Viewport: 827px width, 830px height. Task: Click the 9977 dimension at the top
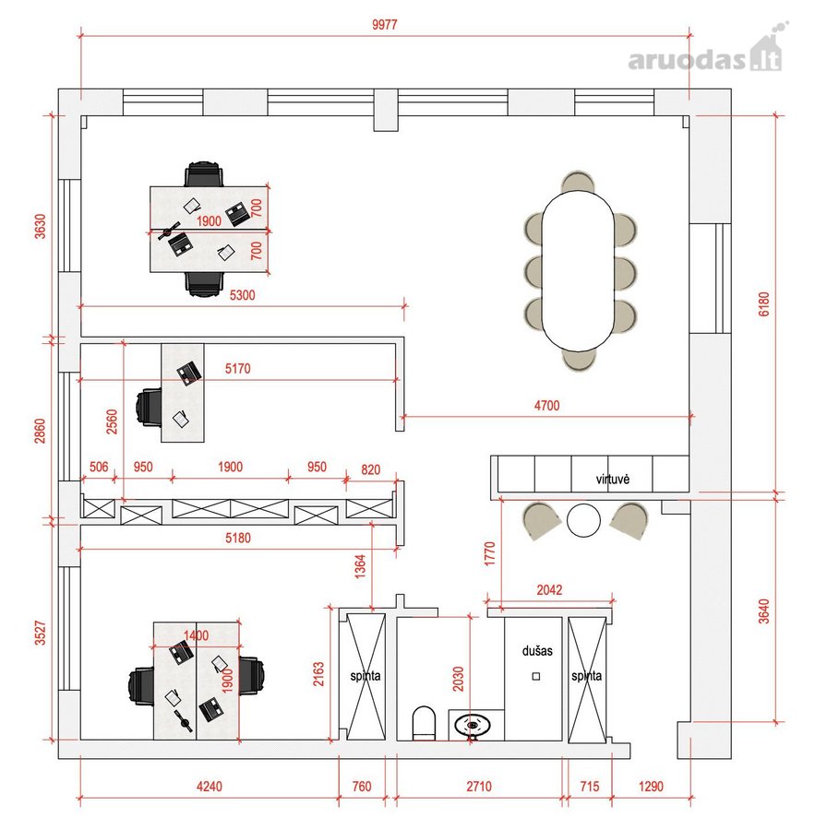click(384, 24)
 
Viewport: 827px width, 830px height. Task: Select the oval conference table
click(578, 270)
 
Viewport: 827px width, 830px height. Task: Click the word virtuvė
click(613, 479)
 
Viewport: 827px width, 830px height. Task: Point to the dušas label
click(537, 650)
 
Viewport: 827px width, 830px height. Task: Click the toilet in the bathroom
click(424, 723)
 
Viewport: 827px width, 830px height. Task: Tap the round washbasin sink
click(473, 726)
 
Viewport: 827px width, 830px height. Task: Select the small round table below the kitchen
click(583, 520)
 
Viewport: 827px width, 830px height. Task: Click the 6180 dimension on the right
click(763, 303)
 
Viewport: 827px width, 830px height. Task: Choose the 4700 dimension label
click(546, 406)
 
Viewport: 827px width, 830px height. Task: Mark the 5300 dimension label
click(242, 295)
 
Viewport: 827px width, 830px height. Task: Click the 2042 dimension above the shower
click(549, 589)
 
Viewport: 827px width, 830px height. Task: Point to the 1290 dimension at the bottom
click(651, 786)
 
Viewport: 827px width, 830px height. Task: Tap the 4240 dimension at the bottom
click(210, 786)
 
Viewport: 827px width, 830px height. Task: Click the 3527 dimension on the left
click(41, 633)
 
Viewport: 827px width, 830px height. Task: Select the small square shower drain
click(536, 676)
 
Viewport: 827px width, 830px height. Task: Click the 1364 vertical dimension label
click(360, 566)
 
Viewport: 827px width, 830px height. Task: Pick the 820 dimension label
click(370, 469)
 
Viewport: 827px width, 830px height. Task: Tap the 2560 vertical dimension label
click(112, 421)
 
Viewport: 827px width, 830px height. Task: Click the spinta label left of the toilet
click(365, 675)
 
